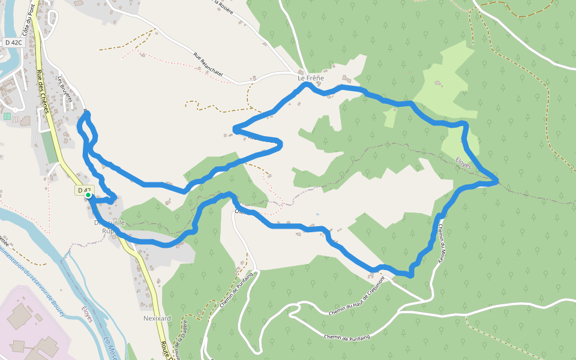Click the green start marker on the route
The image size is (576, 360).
(x=88, y=195)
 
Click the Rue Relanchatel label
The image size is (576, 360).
(x=208, y=64)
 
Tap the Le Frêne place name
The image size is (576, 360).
(x=310, y=79)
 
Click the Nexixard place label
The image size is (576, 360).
(x=157, y=317)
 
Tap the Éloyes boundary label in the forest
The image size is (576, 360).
(x=463, y=163)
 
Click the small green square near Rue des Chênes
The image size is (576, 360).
(x=7, y=116)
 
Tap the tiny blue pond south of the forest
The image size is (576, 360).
(x=317, y=214)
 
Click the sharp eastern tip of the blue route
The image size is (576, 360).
(x=497, y=181)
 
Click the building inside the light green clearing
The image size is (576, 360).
(x=437, y=83)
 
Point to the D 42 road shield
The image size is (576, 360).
(x=83, y=190)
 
